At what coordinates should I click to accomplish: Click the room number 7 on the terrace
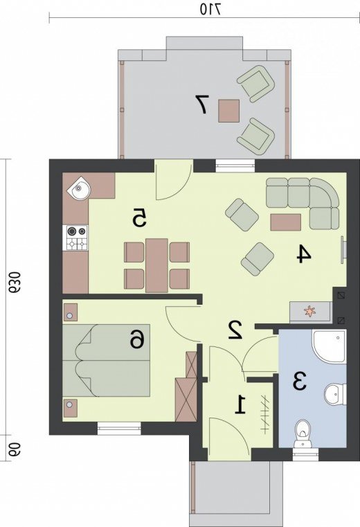pos(202,104)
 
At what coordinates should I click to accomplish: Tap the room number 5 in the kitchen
pos(139,217)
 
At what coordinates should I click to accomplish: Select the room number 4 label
pos(304,253)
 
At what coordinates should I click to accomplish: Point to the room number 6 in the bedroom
pos(138,339)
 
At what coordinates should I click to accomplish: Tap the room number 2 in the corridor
pos(235,330)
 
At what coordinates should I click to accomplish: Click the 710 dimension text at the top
pos(210,9)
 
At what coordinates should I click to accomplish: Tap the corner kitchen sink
pos(80,188)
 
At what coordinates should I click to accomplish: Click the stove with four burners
pos(76,238)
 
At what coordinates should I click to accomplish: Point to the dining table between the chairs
pos(156,265)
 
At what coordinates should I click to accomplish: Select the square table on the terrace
pos(228,111)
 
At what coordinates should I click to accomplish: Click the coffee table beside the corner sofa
pos(285,222)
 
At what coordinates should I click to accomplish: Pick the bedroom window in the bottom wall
pos(119,429)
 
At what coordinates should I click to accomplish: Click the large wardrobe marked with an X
pos(186,399)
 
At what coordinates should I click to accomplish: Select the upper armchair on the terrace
pos(256,83)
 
